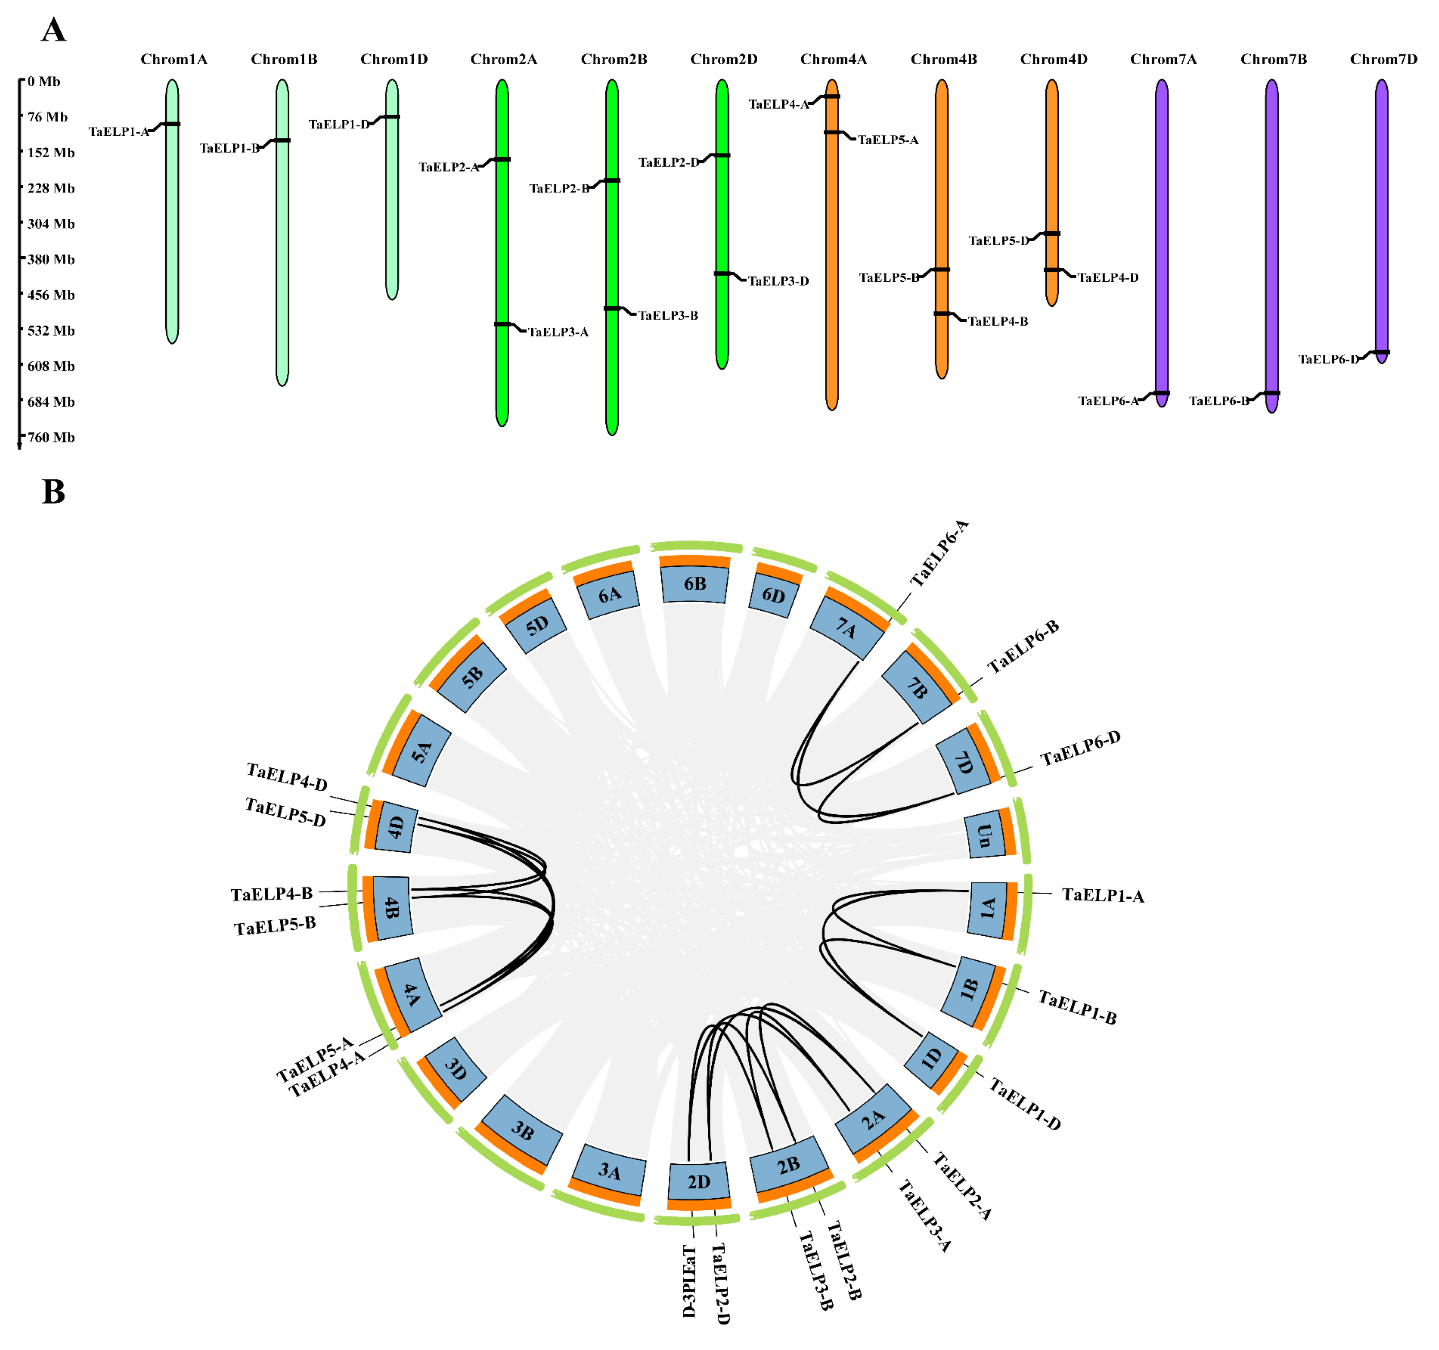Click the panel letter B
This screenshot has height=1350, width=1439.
[54, 492]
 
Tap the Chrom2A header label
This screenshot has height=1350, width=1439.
[504, 59]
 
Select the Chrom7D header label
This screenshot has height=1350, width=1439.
[1383, 59]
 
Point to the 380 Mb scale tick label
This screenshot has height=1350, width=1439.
[50, 259]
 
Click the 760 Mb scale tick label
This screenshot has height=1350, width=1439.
[50, 437]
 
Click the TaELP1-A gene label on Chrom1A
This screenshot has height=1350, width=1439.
[119, 132]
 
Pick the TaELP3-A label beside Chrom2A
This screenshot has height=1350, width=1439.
[558, 332]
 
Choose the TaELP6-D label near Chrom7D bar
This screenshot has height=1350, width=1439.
[1328, 359]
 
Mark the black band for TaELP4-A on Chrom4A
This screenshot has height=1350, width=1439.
[832, 96]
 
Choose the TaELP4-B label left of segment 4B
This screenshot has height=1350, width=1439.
[272, 894]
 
